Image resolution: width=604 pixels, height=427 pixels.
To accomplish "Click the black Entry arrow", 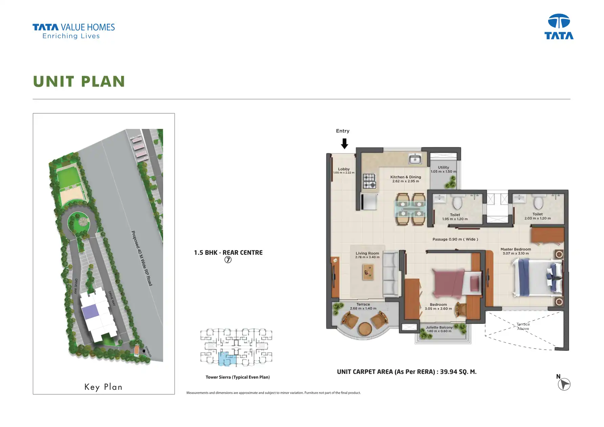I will click(344, 143).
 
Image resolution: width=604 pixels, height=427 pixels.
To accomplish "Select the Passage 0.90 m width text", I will click(455, 239).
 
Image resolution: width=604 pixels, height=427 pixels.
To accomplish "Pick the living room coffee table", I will click(368, 272).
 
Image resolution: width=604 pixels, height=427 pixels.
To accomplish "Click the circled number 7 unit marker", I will click(228, 260).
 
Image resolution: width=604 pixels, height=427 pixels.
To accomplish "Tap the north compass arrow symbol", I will click(564, 384).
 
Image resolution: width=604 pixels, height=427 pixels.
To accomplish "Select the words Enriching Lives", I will click(71, 36).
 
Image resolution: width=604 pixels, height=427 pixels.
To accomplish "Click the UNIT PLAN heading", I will click(79, 82).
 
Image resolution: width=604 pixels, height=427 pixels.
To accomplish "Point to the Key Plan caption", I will click(103, 387).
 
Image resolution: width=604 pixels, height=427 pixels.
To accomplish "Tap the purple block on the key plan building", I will click(90, 312).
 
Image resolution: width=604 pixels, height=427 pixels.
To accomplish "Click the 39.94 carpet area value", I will click(448, 372).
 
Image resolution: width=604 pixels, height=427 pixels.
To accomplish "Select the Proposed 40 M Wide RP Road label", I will click(142, 258).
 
